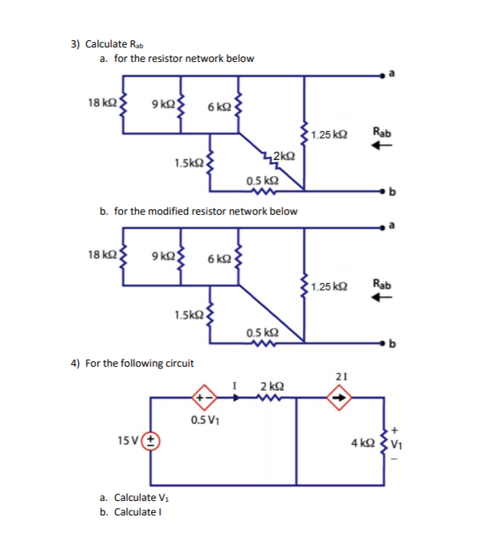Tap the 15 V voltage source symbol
151,441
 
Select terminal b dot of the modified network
384,345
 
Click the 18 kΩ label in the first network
100,102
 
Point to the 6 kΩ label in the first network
218,107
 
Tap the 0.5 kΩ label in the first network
263,181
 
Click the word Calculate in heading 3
105,44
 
